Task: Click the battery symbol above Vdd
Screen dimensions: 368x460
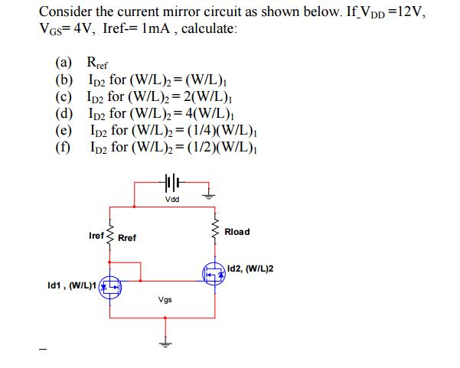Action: (172, 184)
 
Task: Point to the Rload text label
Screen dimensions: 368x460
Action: (237, 232)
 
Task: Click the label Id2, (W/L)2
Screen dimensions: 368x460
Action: (251, 269)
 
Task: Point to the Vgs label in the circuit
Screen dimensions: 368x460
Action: (165, 300)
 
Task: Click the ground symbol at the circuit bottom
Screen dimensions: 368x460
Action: (162, 341)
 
